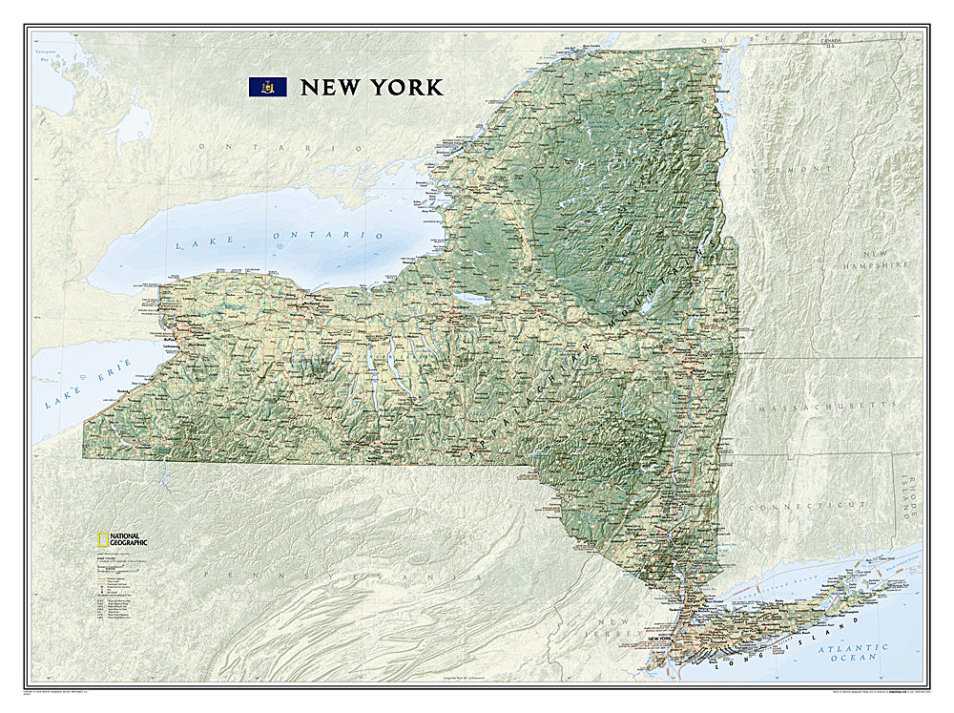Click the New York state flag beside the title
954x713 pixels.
point(267,87)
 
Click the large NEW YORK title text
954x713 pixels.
point(371,87)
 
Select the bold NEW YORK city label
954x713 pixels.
point(666,638)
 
